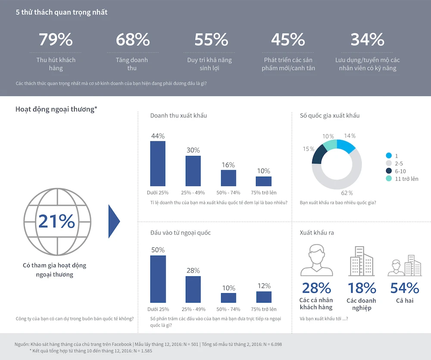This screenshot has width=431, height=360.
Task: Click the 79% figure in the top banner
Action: pyautogui.click(x=56, y=40)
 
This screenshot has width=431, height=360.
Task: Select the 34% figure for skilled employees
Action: pyautogui.click(x=367, y=40)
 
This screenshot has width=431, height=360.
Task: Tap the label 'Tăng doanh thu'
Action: pyautogui.click(x=132, y=64)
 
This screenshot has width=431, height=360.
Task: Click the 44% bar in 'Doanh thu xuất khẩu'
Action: pyautogui.click(x=157, y=163)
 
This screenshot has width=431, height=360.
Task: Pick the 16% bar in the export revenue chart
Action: pyautogui.click(x=228, y=178)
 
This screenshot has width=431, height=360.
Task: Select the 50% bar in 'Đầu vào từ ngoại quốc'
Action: pyautogui.click(x=157, y=279)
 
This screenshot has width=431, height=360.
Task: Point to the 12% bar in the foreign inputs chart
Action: pyautogui.click(x=264, y=297)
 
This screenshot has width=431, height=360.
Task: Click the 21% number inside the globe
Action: pyautogui.click(x=56, y=221)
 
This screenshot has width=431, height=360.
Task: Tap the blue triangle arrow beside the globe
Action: pyautogui.click(x=114, y=221)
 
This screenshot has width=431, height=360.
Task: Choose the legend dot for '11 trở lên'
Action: pyautogui.click(x=389, y=178)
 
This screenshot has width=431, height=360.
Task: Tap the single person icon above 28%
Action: pyautogui.click(x=317, y=260)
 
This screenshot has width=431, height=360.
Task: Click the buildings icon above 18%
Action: pyautogui.click(x=361, y=261)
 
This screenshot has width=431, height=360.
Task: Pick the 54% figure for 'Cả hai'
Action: pyautogui.click(x=404, y=288)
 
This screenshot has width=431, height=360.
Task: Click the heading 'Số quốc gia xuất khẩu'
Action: pyautogui.click(x=329, y=116)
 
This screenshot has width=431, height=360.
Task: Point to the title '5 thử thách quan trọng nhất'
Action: pyautogui.click(x=61, y=13)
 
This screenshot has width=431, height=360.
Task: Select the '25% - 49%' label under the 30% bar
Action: pyautogui.click(x=193, y=192)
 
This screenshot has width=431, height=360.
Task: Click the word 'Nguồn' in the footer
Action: pyautogui.click(x=22, y=344)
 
